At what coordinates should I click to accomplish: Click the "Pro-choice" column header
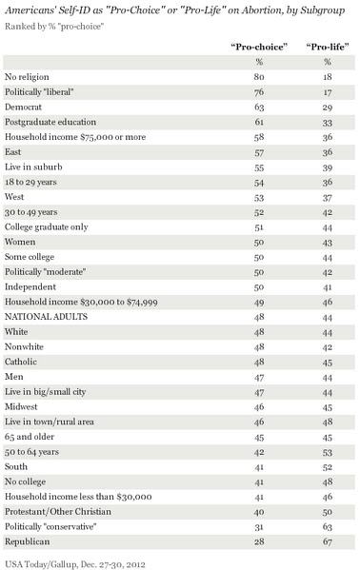point(259,47)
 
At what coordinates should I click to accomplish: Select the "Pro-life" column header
point(328,47)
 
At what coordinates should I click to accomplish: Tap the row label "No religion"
point(27,77)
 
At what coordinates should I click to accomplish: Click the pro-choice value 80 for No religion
point(259,77)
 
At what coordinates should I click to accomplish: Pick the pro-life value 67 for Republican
point(328,541)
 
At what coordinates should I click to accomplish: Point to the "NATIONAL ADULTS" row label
point(47,317)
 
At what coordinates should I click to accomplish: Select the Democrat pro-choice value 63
point(259,108)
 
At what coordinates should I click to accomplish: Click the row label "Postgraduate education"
point(50,122)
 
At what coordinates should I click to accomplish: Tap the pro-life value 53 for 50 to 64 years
point(328,452)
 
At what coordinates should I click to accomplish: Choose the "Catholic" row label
point(21,362)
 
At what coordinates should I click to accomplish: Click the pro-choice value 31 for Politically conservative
point(259,527)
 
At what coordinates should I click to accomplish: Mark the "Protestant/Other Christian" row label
point(58,512)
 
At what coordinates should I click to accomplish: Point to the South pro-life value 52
point(328,467)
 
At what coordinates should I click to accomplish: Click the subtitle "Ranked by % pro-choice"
point(54,27)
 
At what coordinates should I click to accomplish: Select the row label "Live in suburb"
point(33,167)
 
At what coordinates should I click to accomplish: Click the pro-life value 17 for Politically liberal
point(328,92)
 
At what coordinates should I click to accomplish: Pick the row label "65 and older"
point(30,437)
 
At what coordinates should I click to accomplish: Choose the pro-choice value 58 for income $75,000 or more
point(259,137)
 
